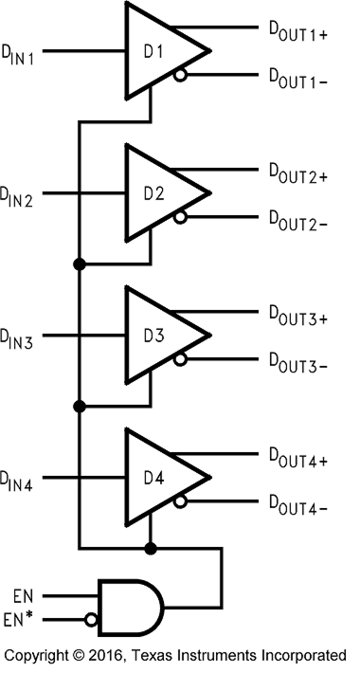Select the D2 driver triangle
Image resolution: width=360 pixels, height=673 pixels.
pyautogui.click(x=156, y=192)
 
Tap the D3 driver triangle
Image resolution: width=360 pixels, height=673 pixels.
pyautogui.click(x=156, y=336)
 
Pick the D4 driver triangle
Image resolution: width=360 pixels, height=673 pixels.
pyautogui.click(x=156, y=477)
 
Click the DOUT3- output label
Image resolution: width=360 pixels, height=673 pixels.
pyautogui.click(x=297, y=362)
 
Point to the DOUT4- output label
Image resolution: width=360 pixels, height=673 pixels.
pyautogui.click(x=297, y=504)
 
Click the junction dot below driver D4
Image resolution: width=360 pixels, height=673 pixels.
pyautogui.click(x=149, y=548)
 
